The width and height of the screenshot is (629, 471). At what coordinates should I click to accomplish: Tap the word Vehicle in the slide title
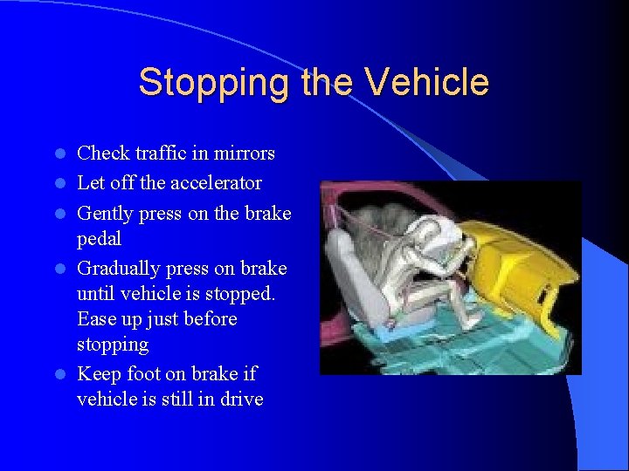pos(427,83)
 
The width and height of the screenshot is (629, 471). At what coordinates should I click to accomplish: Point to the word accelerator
pos(216,183)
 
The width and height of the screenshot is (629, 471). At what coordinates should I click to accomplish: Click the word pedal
pos(99,238)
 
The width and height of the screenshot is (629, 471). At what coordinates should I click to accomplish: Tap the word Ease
pos(96,319)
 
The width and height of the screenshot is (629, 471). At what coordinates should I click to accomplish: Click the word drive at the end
pos(240,400)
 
